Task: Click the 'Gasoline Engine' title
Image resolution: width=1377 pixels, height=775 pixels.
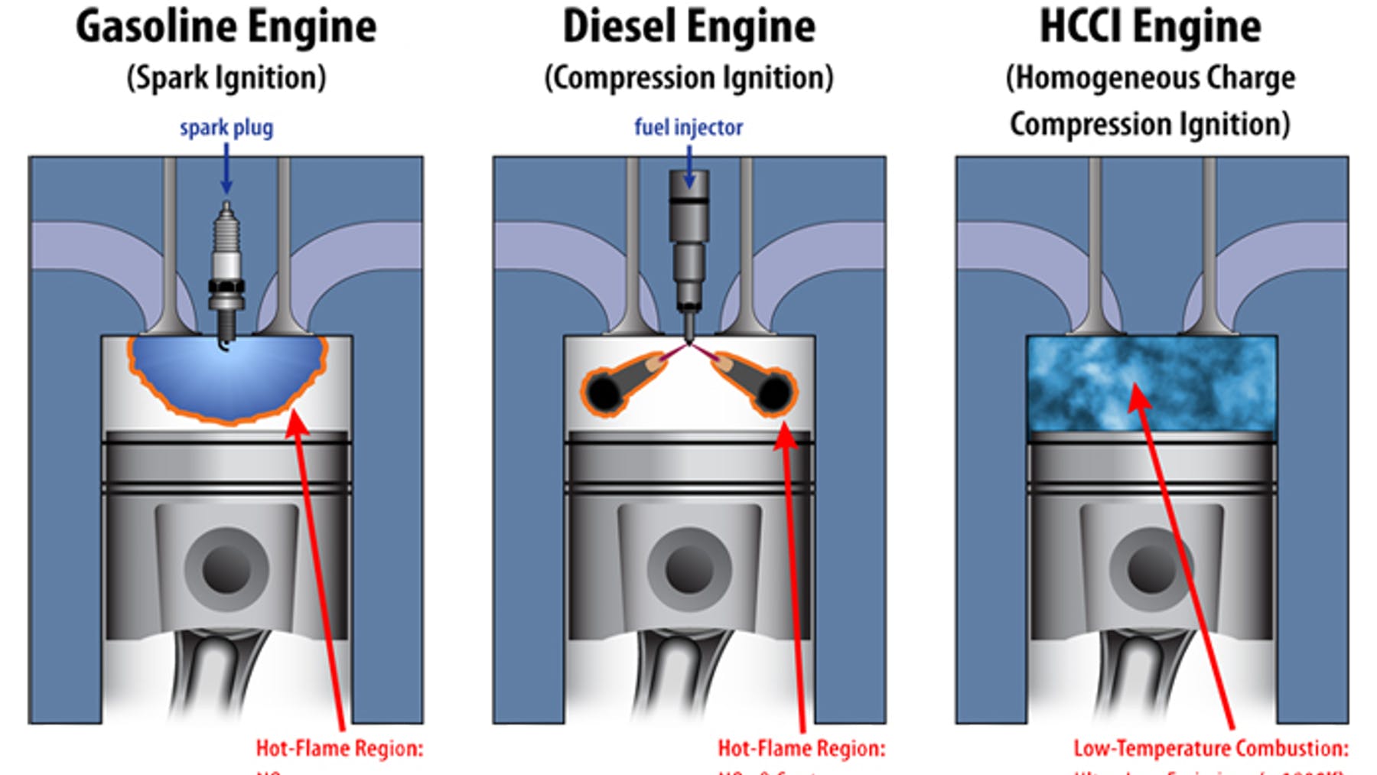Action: point(226,28)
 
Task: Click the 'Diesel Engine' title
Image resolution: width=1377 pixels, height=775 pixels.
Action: point(688,28)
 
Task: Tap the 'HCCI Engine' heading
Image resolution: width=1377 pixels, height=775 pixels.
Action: point(1151,28)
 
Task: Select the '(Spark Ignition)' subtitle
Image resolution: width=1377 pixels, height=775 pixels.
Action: point(226,78)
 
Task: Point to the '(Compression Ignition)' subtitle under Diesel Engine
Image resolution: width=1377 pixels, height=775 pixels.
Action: point(688,78)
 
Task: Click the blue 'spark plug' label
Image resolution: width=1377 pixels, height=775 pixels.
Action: point(226,127)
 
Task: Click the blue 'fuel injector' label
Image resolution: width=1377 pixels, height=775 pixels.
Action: point(688,127)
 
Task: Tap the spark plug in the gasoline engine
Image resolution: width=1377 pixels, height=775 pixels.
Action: point(226,268)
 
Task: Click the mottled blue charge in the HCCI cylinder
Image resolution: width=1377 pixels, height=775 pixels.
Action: point(1151,383)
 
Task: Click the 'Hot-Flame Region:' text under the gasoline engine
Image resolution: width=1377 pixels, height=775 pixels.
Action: point(340,748)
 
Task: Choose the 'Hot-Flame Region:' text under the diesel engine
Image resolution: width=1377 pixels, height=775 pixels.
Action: point(802,748)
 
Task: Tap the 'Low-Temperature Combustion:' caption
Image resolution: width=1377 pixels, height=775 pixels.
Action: point(1211,748)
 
